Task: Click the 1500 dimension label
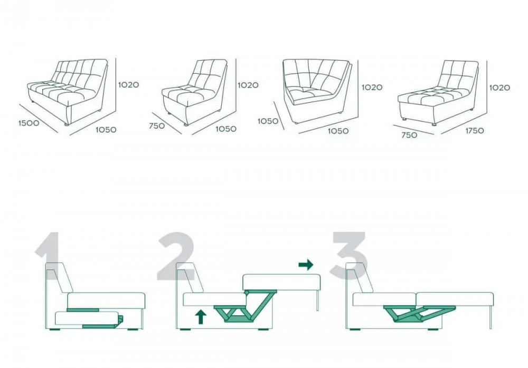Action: pyautogui.click(x=29, y=123)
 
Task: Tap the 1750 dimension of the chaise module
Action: pyautogui.click(x=475, y=131)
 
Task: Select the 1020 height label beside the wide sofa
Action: pyautogui.click(x=128, y=85)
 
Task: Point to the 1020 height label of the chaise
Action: pyautogui.click(x=499, y=88)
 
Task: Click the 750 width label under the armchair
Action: pyautogui.click(x=157, y=126)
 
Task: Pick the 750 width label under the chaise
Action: pyautogui.click(x=409, y=135)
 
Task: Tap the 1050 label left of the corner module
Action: pyautogui.click(x=268, y=121)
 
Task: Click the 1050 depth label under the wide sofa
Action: pyautogui.click(x=106, y=130)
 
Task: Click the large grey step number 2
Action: pyautogui.click(x=176, y=256)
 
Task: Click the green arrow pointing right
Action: pyautogui.click(x=306, y=265)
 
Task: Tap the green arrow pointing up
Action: pyautogui.click(x=201, y=317)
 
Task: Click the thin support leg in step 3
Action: pyautogui.click(x=491, y=317)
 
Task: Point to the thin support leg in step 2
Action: pyautogui.click(x=317, y=301)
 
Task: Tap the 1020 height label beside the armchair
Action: pyautogui.click(x=248, y=85)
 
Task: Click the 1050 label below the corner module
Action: pyautogui.click(x=338, y=131)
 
